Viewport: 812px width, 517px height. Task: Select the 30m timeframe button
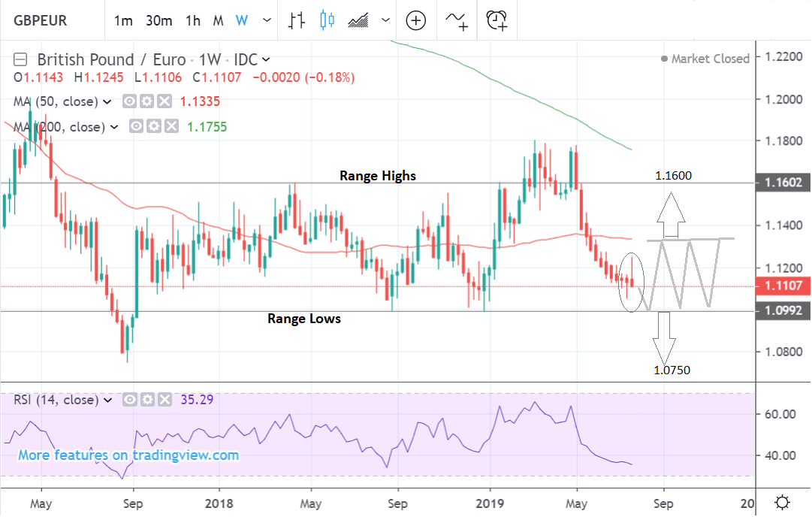point(159,20)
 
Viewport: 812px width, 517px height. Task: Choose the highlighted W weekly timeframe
point(241,20)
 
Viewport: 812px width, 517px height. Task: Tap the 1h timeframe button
point(193,20)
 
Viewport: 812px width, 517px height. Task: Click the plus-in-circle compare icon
point(416,20)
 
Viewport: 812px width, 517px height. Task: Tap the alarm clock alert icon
point(497,20)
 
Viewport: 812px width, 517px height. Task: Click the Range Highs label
point(377,176)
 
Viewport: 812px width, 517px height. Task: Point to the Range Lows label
point(304,319)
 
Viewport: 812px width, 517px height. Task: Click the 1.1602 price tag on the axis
point(783,183)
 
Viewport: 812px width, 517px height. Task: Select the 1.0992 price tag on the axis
point(783,311)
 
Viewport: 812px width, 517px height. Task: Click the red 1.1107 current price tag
point(783,286)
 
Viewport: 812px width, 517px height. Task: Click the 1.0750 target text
point(672,370)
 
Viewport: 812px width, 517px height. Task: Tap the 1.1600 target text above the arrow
point(673,176)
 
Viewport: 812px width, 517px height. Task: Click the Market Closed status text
point(710,59)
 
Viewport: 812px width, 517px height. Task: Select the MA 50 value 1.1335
point(201,101)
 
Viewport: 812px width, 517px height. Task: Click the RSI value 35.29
point(198,400)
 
